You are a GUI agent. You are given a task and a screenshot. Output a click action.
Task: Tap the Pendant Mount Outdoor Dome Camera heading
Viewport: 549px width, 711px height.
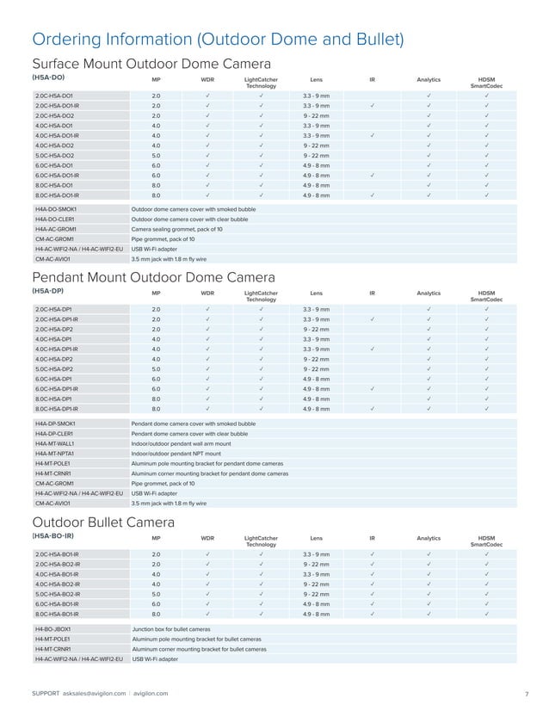(x=153, y=277)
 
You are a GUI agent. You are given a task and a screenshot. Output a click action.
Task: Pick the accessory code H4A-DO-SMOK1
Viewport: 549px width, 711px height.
(x=56, y=209)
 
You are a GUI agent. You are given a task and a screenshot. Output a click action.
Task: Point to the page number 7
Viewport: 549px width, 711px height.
(x=525, y=693)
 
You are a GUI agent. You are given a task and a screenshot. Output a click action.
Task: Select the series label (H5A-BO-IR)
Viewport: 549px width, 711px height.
(x=57, y=536)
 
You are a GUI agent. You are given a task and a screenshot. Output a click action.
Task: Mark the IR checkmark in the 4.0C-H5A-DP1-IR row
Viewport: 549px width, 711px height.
(x=372, y=349)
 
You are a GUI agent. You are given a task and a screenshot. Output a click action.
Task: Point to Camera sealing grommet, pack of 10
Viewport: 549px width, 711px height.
(x=176, y=229)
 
